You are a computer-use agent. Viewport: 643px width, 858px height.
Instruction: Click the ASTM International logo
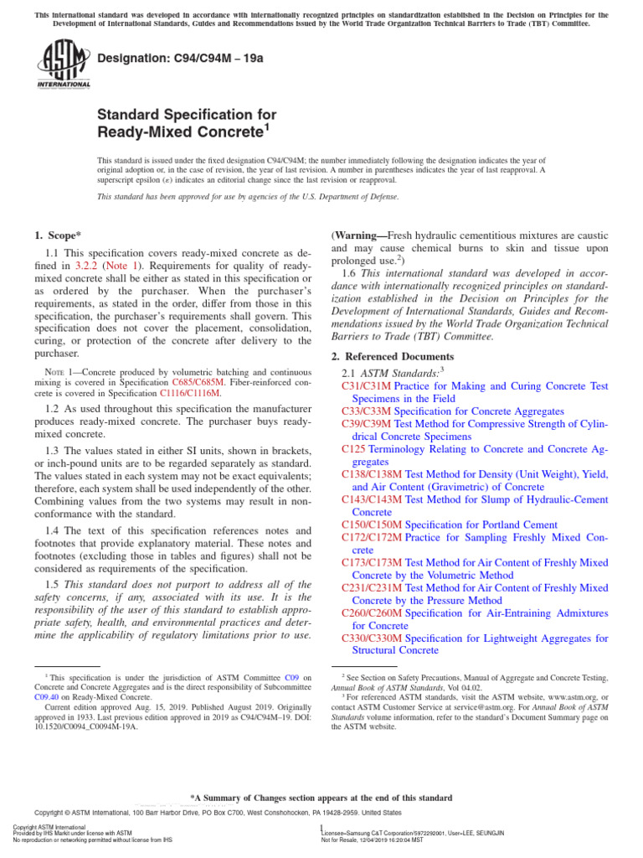63,65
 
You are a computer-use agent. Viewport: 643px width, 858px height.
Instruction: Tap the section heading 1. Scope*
59,236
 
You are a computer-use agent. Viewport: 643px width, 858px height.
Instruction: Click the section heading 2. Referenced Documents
393,356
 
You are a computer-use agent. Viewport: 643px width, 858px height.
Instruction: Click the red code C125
354,449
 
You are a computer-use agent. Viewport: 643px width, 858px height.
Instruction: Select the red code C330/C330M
372,638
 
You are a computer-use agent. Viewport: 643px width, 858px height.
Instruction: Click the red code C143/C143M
372,499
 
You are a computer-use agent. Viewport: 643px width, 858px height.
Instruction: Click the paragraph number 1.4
54,531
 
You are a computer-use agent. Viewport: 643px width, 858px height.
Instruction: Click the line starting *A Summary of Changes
321,798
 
